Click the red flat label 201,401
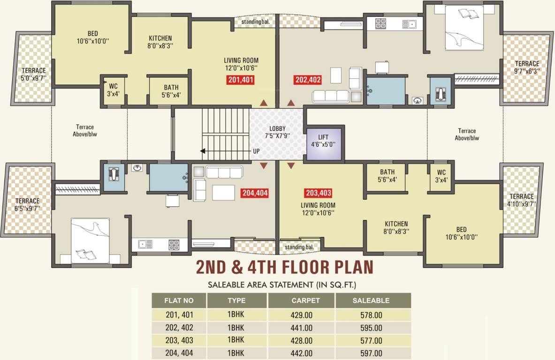click(x=241, y=80)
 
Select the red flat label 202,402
click(x=308, y=80)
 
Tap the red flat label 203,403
click(x=318, y=193)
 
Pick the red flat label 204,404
click(x=255, y=193)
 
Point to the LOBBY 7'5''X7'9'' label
click(x=277, y=132)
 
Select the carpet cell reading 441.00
click(x=302, y=328)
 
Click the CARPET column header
click(x=305, y=300)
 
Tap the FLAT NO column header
click(x=178, y=300)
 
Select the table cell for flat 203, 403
click(x=179, y=340)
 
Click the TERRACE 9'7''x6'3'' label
click(x=527, y=67)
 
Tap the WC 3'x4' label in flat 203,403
click(x=441, y=176)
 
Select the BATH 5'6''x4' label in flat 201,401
click(x=171, y=91)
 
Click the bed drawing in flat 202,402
click(x=464, y=26)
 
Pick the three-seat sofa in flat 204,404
click(x=223, y=172)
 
